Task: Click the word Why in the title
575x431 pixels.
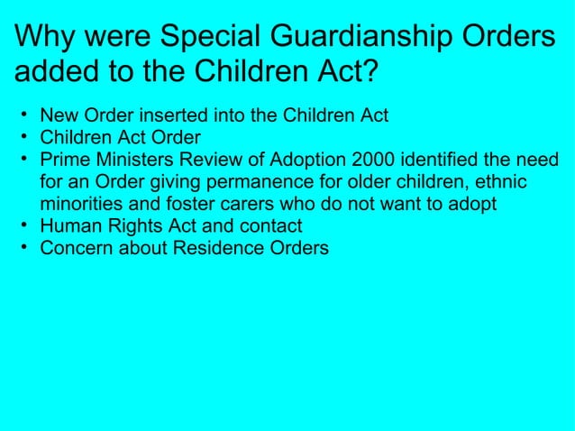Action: pyautogui.click(x=46, y=38)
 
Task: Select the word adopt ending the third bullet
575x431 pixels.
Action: pyautogui.click(x=473, y=204)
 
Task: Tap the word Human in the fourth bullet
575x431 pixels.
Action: pyautogui.click(x=67, y=226)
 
